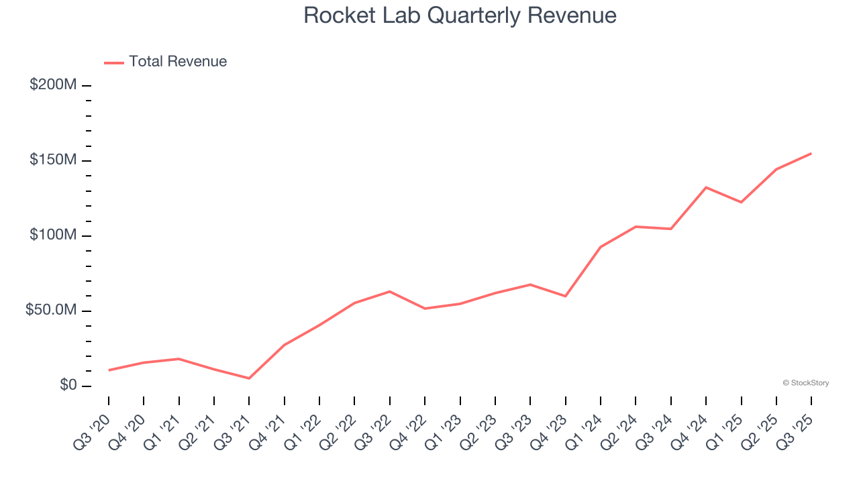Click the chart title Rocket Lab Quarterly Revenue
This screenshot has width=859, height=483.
(x=460, y=15)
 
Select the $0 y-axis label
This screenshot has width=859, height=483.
(x=68, y=385)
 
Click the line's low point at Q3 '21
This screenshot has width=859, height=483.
(x=249, y=378)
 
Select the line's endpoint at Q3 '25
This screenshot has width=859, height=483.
(x=811, y=154)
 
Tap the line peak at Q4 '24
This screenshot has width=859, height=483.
(x=706, y=187)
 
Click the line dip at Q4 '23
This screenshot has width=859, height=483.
(x=566, y=296)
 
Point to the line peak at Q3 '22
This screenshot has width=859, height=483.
(x=390, y=291)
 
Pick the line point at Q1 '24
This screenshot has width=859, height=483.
(x=601, y=247)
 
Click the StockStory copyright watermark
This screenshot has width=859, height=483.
(x=805, y=383)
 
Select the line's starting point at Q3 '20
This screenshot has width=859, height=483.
(x=109, y=370)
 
